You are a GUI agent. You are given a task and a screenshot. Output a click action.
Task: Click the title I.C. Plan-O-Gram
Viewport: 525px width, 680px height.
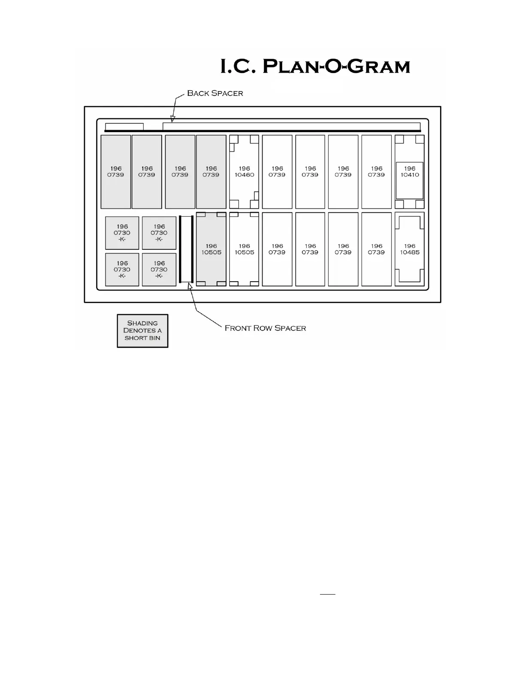pyautogui.click(x=315, y=67)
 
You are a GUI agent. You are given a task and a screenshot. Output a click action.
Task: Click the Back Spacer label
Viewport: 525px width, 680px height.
pyautogui.click(x=215, y=93)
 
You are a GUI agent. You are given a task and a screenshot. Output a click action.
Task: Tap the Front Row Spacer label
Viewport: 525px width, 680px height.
pyautogui.click(x=265, y=328)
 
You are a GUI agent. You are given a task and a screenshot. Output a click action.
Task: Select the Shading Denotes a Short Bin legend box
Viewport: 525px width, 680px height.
pyautogui.click(x=142, y=331)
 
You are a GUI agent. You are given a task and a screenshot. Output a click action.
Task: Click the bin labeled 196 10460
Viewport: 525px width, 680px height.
pyautogui.click(x=244, y=172)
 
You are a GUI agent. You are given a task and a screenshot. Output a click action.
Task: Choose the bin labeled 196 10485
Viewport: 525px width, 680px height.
pyautogui.click(x=410, y=249)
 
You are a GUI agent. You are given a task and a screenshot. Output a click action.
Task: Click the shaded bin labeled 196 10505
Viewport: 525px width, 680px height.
pyautogui.click(x=211, y=249)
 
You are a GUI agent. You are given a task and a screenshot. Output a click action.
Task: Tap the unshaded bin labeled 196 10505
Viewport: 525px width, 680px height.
pyautogui.click(x=244, y=249)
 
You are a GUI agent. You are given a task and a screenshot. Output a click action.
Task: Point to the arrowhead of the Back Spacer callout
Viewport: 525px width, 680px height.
pyautogui.click(x=172, y=120)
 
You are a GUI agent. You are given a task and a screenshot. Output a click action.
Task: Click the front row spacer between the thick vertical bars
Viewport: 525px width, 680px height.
pyautogui.click(x=186, y=249)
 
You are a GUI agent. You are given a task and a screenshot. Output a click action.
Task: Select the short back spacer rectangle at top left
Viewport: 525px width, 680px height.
pyautogui.click(x=124, y=127)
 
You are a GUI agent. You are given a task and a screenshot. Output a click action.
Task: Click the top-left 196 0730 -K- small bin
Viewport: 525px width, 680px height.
pyautogui.click(x=122, y=233)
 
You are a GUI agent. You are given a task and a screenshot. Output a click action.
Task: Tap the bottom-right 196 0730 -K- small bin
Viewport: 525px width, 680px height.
pyautogui.click(x=159, y=270)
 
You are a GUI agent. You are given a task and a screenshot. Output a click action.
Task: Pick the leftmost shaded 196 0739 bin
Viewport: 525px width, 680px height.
pyautogui.click(x=116, y=172)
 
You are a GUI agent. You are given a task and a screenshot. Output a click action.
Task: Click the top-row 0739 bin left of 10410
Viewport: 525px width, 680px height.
pyautogui.click(x=377, y=172)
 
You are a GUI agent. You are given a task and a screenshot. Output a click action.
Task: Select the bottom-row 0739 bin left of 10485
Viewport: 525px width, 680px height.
pyautogui.click(x=377, y=249)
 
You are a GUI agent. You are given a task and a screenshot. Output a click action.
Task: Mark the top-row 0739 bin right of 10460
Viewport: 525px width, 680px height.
pyautogui.click(x=277, y=172)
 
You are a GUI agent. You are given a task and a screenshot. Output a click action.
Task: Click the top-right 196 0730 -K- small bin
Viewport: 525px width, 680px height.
pyautogui.click(x=159, y=233)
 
